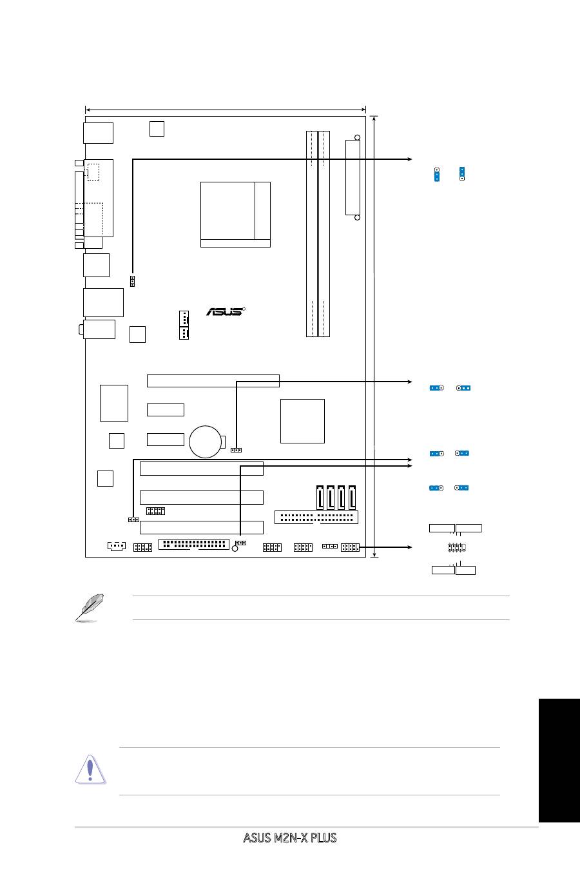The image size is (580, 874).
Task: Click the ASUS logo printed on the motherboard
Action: (226, 311)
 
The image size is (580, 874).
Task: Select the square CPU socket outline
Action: (235, 214)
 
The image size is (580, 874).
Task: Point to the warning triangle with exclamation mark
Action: (90, 770)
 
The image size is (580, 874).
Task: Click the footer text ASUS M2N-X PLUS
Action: (289, 838)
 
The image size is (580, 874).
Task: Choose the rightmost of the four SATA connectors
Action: (353, 497)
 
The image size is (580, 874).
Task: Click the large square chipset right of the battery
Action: (302, 421)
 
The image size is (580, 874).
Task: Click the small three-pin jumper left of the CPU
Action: (132, 281)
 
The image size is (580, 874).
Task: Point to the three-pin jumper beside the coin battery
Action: (236, 450)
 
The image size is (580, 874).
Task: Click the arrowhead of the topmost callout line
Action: (409, 159)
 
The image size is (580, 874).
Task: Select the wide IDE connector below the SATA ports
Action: (316, 517)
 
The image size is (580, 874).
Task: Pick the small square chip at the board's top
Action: (157, 128)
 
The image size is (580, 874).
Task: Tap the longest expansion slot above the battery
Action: (213, 380)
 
